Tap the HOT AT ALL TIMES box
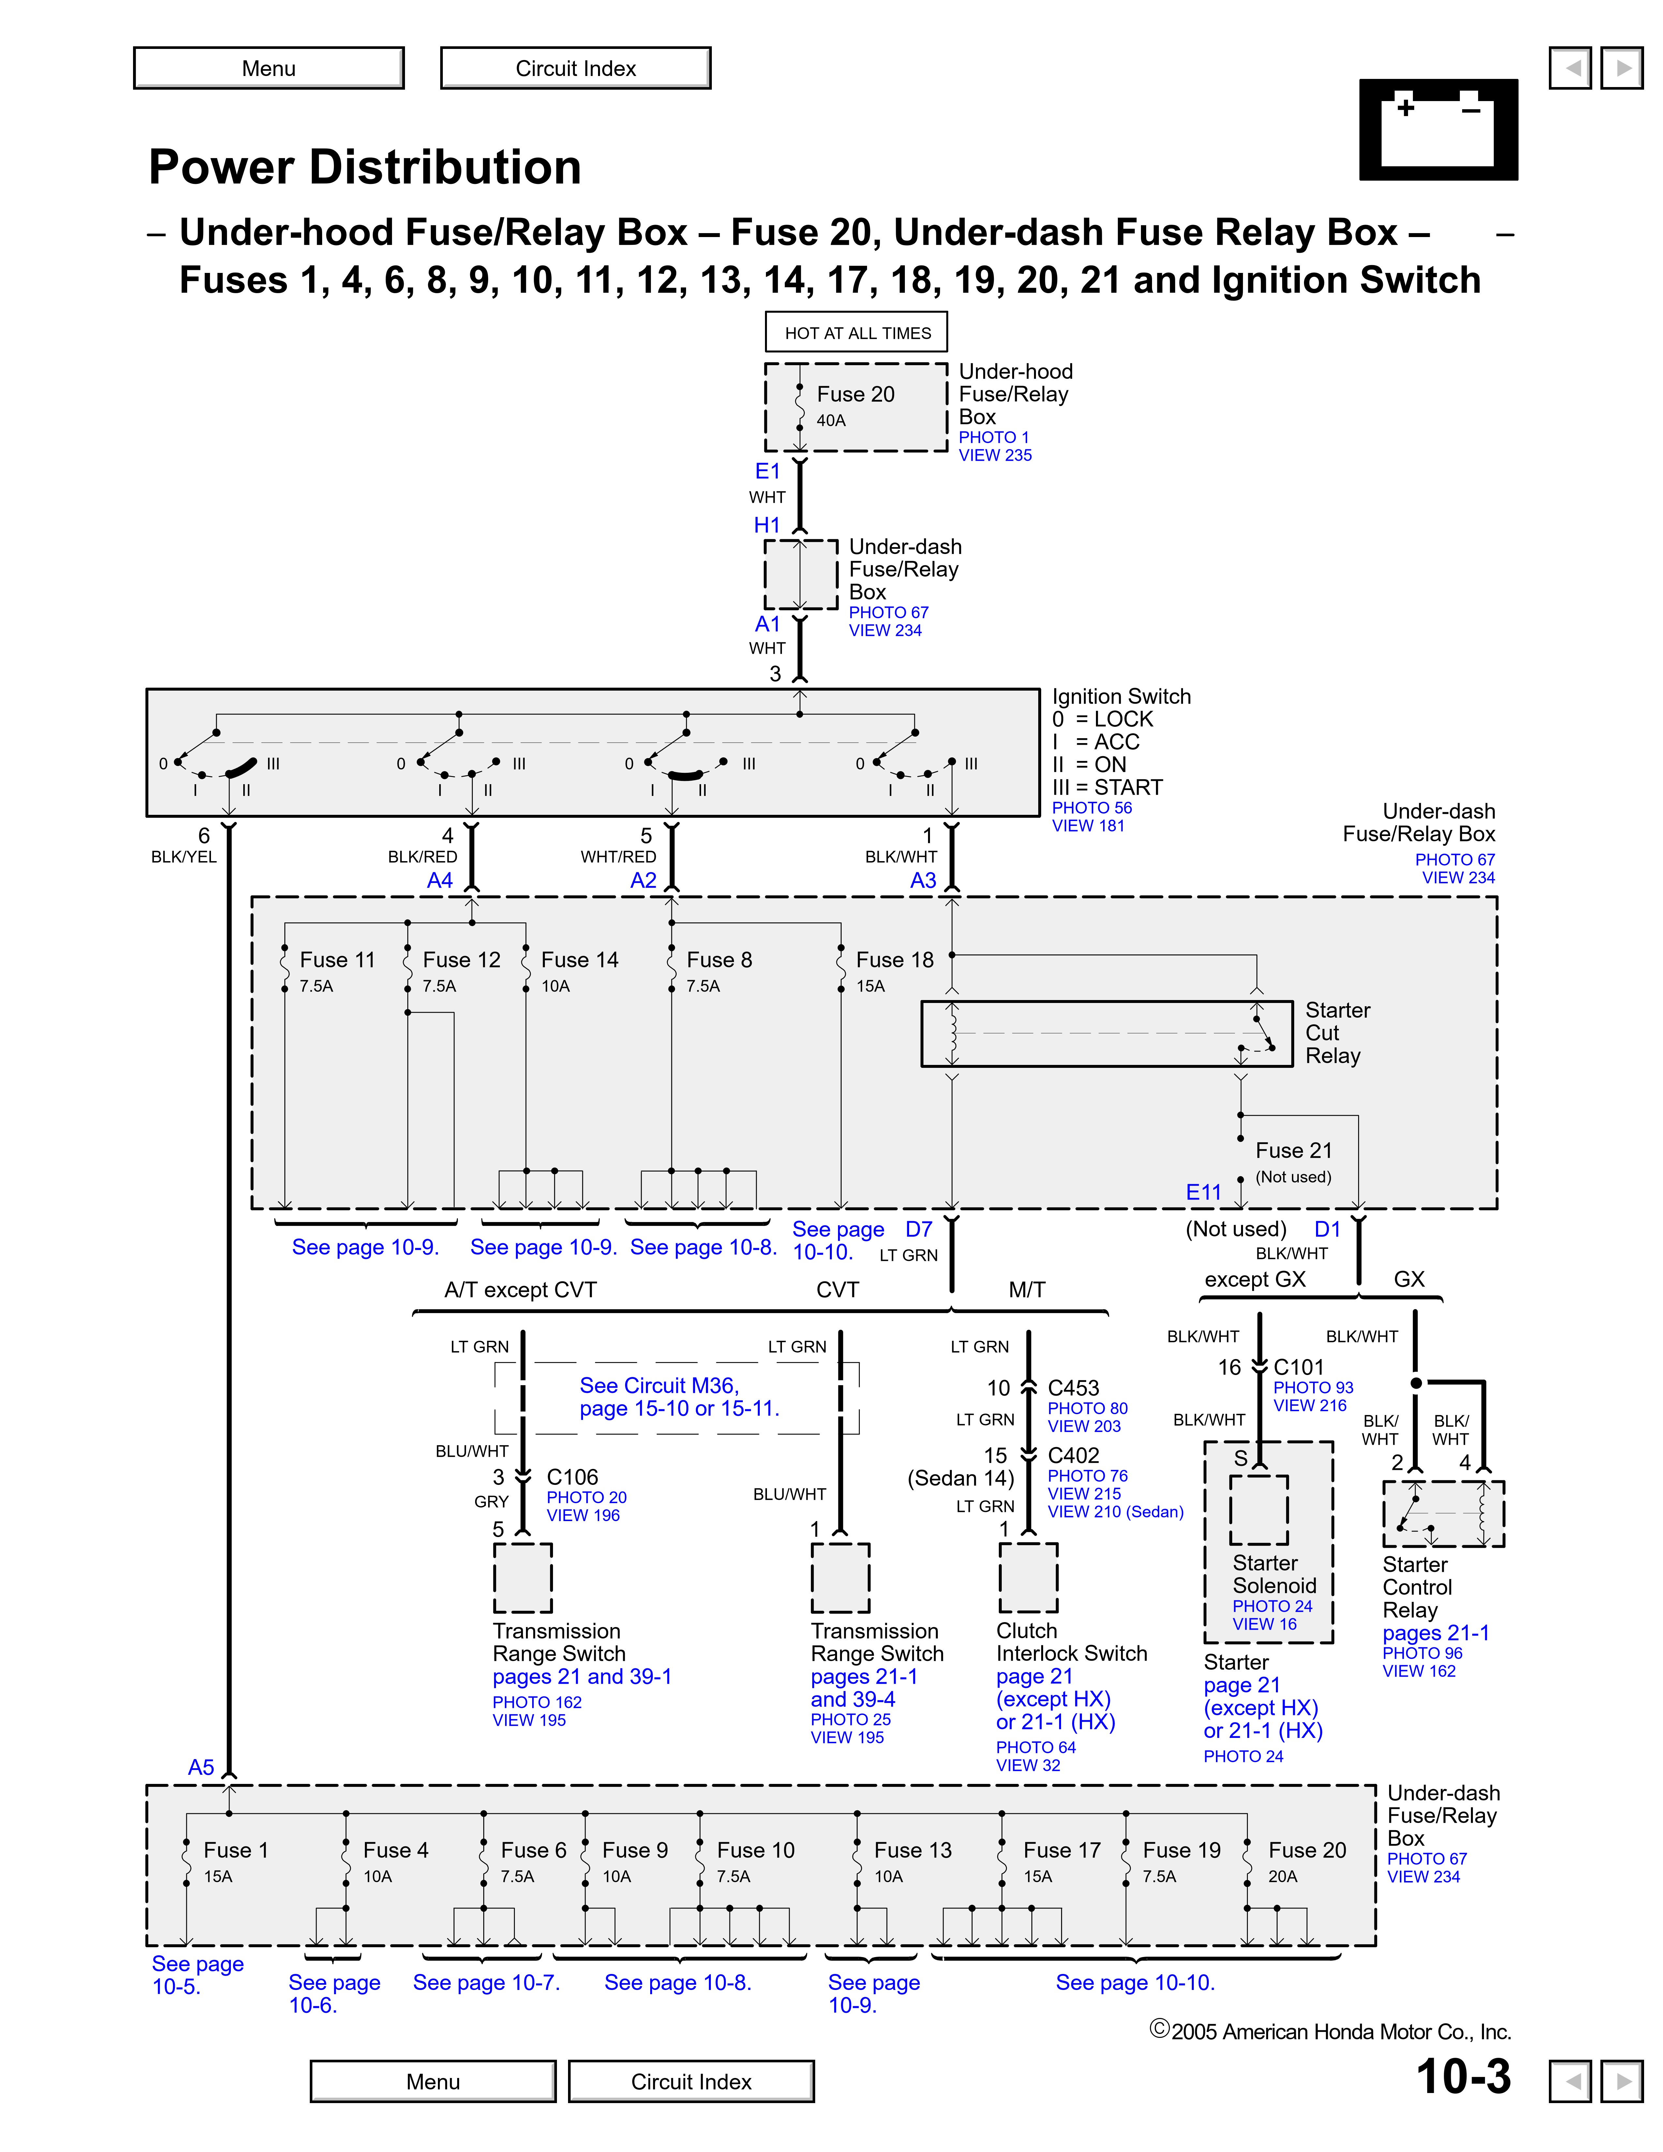coord(856,333)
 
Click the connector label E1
coord(768,471)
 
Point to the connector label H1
coord(767,525)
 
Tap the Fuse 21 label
coord(1293,1151)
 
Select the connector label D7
coord(918,1230)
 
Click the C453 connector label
coord(1073,1387)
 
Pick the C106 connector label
coord(572,1477)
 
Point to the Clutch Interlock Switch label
coord(1071,1643)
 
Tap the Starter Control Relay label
coord(1417,1587)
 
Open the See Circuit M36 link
coord(679,1397)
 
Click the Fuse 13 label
coord(912,1850)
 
